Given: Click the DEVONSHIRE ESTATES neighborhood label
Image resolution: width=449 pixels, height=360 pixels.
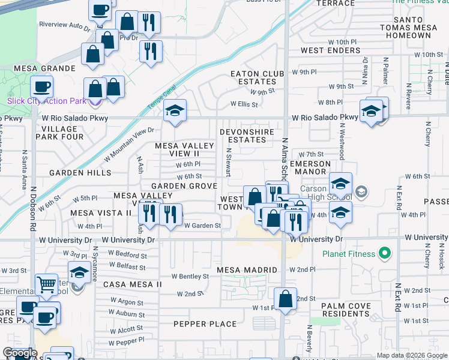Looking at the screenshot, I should click(x=247, y=136).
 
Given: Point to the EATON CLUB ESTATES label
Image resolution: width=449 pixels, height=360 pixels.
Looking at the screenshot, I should click(x=257, y=77).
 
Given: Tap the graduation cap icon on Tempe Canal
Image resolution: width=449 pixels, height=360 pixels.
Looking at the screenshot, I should click(x=175, y=111).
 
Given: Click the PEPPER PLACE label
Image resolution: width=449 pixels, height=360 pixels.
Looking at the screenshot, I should click(x=205, y=324).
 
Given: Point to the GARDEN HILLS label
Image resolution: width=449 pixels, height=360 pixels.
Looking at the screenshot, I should click(x=80, y=173).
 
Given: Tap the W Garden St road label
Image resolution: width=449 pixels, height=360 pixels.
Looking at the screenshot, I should click(x=202, y=226).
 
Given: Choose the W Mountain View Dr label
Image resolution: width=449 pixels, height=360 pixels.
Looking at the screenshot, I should click(x=129, y=145).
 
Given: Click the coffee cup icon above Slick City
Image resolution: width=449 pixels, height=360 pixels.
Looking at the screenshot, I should click(x=41, y=87).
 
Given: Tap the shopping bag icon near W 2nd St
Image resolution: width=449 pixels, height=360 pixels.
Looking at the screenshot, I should click(x=286, y=298).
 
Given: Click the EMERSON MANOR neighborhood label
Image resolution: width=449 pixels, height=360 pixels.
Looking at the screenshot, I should click(x=310, y=167).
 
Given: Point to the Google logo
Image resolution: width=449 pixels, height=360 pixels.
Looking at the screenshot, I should click(x=20, y=353).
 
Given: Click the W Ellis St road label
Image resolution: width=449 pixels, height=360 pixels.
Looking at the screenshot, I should click(x=244, y=104).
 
